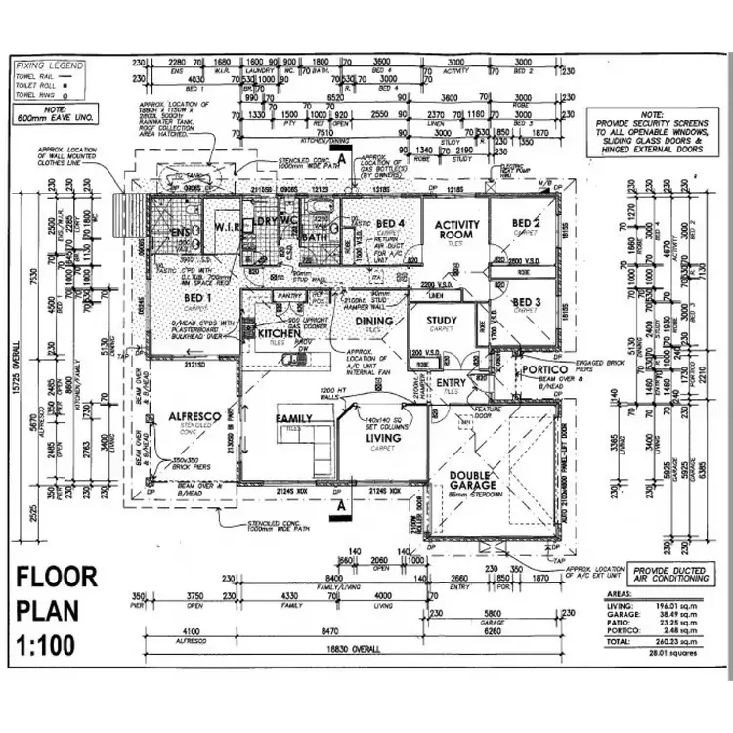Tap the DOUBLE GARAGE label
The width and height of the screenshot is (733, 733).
475,483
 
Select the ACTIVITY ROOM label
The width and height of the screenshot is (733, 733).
457,230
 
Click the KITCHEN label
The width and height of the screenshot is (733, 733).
280,334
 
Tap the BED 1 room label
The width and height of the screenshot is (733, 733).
198,297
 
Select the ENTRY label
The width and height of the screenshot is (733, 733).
452,382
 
